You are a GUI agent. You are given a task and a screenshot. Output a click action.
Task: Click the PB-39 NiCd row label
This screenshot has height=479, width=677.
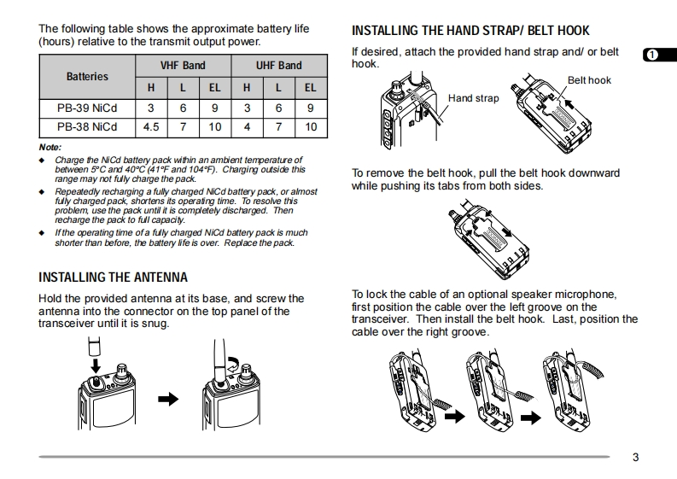pos(87,108)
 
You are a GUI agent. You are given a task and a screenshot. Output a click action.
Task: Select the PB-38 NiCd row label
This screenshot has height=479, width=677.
pos(87,126)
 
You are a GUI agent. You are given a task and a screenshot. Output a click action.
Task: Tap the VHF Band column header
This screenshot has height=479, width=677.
pos(183,65)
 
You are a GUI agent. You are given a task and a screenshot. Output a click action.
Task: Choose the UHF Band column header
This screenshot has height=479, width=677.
pos(278,65)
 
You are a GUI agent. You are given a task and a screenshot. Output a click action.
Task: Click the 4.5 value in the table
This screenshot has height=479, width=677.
pos(151,126)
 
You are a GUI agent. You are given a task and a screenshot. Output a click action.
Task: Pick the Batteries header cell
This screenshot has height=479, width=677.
pos(87,76)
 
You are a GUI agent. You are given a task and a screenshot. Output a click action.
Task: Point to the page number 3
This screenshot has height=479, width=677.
pos(635,457)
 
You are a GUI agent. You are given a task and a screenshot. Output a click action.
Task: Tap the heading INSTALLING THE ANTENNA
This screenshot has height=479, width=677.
pos(114,277)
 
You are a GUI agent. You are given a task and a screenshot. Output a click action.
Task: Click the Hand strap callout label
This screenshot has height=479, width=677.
pos(473,98)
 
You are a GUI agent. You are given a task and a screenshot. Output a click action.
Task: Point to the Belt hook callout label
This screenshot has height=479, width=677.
pos(589,80)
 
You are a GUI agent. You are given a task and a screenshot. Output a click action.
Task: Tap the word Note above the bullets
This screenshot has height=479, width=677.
pos(50,147)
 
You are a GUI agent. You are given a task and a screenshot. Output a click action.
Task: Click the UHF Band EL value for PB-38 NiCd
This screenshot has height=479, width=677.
pos(310,126)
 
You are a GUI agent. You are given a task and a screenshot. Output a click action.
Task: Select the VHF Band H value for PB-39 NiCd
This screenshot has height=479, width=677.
pos(151,108)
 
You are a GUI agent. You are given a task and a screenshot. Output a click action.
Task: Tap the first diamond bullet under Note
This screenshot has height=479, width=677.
pos(42,161)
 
